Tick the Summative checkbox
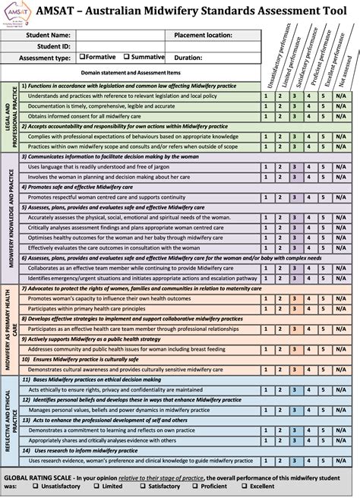[x=125, y=57]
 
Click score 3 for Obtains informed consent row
[x=294, y=117]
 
